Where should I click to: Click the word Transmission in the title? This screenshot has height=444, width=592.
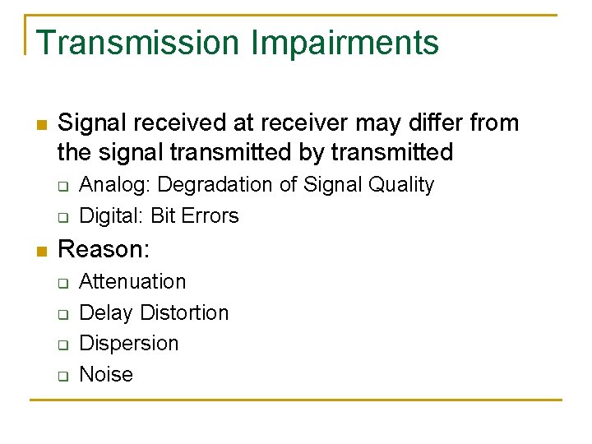click(138, 43)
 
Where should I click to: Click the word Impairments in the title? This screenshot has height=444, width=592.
click(346, 43)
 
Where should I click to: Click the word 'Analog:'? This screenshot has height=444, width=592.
click(114, 185)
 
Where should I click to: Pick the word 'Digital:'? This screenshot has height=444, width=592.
click(112, 216)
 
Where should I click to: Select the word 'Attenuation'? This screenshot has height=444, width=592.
click(132, 281)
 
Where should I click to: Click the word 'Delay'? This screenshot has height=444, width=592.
click(106, 312)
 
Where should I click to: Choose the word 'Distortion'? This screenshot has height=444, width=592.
click(184, 312)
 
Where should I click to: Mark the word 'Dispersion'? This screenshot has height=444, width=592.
click(128, 343)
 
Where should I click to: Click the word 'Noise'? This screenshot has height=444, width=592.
click(105, 374)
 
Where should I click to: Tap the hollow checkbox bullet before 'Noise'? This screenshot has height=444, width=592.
click(62, 376)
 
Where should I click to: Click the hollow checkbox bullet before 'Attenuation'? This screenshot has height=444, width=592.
click(62, 283)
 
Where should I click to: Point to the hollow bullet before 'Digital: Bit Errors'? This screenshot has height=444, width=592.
click(62, 218)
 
